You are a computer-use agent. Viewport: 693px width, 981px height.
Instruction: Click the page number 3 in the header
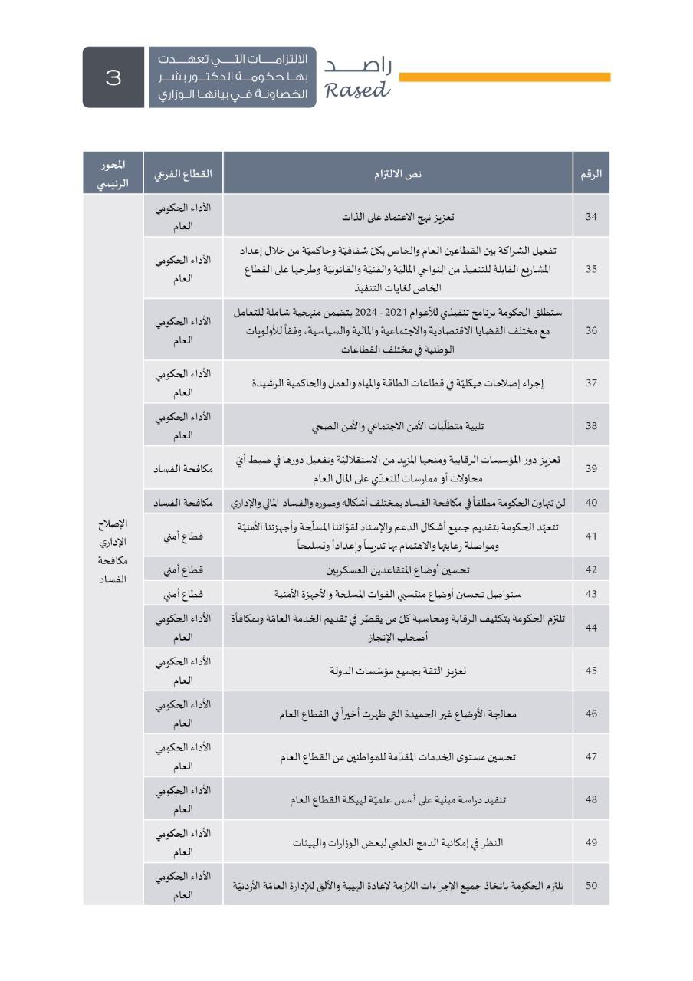pos(113,77)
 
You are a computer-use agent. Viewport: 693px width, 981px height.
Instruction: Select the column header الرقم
pos(591,173)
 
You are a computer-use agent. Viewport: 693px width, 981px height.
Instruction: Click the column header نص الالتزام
pos(398,173)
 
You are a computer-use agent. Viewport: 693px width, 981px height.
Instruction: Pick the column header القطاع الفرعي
pos(182,173)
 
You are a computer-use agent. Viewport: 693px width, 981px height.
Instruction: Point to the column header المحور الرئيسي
pos(113,173)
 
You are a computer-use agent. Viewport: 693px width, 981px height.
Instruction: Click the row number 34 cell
pos(591,216)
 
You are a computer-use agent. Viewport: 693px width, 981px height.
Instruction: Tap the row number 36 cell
pos(591,330)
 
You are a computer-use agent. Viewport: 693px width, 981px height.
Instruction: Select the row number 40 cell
pos(591,503)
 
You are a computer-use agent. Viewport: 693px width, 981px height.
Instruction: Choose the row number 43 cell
pos(591,594)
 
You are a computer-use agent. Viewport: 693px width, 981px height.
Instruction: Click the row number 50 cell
pos(591,885)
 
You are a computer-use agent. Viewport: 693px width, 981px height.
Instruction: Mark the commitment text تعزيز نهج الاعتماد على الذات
pos(398,216)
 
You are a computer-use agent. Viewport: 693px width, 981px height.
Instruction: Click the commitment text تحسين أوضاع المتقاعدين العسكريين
pos(398,569)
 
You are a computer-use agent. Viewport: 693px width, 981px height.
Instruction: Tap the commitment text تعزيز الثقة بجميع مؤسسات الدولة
pos(398,671)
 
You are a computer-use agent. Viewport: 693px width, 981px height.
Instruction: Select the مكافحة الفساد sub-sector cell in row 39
pos(182,468)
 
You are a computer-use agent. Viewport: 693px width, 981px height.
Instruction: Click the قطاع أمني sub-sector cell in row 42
pos(182,569)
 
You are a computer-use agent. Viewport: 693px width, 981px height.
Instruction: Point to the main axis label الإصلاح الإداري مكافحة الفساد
pos(113,551)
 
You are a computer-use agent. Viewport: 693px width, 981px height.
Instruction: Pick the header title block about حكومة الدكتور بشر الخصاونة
pos(232,77)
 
